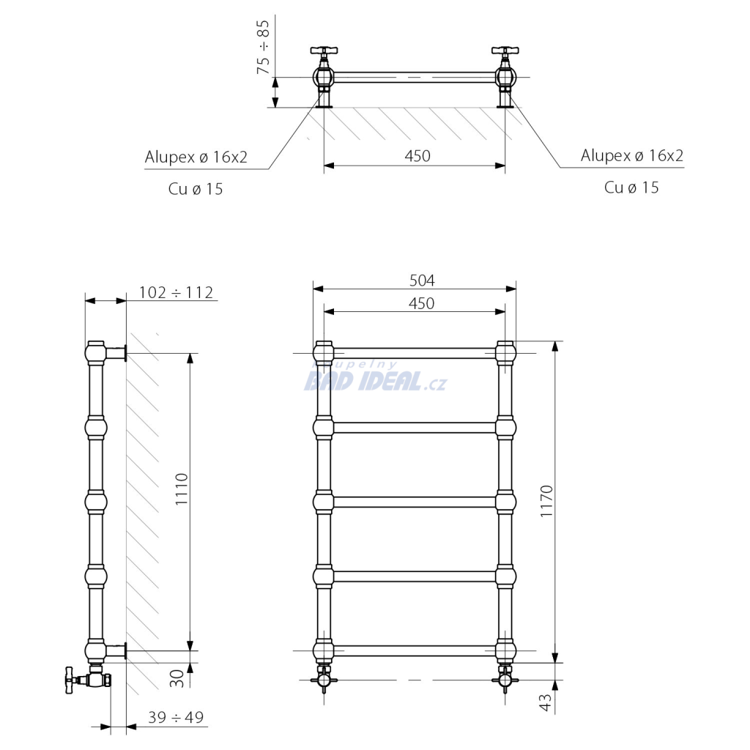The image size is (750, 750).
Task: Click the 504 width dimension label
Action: [x=422, y=281]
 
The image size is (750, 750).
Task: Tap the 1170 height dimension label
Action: [x=546, y=501]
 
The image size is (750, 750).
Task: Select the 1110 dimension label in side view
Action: [x=182, y=489]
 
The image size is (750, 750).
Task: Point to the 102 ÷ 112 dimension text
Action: [x=176, y=292]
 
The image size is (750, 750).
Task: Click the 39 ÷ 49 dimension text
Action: [x=176, y=717]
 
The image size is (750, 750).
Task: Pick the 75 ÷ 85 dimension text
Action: [x=263, y=47]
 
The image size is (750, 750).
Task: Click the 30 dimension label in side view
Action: [x=177, y=678]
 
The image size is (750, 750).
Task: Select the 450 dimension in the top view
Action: [x=417, y=156]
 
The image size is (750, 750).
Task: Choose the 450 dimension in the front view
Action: [x=421, y=303]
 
